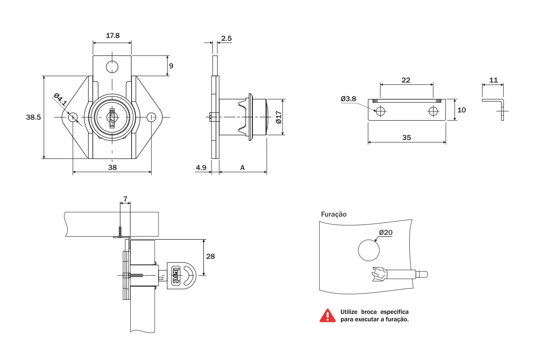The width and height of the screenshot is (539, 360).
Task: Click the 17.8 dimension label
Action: click(112, 36)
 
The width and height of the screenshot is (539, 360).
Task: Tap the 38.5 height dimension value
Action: click(34, 118)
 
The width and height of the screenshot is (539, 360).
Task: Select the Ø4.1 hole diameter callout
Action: click(60, 100)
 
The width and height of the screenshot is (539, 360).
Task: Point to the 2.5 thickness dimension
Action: click(226, 39)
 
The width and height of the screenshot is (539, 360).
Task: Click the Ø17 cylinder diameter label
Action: click(278, 117)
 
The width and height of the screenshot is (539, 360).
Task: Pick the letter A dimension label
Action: click(243, 168)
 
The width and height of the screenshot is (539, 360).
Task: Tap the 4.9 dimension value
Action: click(201, 168)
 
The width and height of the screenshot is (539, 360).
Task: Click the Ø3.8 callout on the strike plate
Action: click(348, 99)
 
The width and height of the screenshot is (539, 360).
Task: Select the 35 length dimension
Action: click(406, 138)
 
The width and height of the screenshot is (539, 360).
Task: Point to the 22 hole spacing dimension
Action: click(406, 80)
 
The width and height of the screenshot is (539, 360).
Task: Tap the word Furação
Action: click(333, 214)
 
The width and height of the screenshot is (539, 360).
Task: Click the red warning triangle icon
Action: click(327, 315)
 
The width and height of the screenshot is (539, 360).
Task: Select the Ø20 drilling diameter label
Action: click(385, 233)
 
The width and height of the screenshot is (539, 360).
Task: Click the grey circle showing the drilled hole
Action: click(368, 250)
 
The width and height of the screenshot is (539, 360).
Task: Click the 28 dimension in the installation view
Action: click(210, 256)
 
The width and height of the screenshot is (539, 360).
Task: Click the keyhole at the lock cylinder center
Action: click(112, 117)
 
